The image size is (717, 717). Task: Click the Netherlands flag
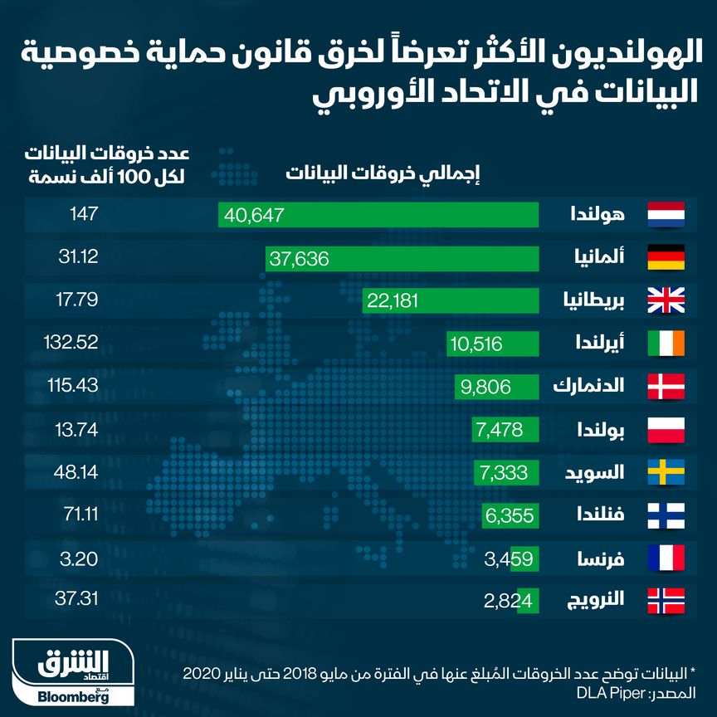[x=666, y=215]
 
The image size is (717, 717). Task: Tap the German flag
[x=666, y=258]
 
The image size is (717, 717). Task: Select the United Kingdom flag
[x=666, y=301]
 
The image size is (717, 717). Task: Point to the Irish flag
[x=666, y=344]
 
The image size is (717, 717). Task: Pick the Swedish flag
[x=666, y=473]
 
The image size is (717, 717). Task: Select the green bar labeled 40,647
[x=378, y=215]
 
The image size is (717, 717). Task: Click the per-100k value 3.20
[x=80, y=558]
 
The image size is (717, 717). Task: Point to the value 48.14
[x=76, y=471]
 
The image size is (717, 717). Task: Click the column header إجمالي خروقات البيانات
[x=383, y=174]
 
